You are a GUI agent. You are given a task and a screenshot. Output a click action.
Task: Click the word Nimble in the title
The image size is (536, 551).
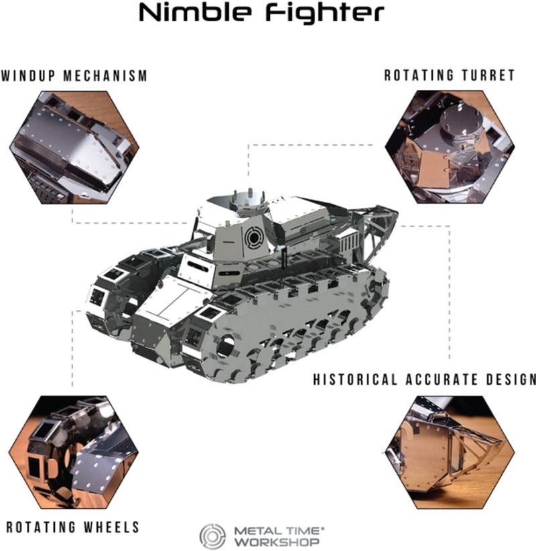coord(196,13)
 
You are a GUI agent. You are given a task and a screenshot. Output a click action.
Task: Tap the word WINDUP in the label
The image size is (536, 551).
coord(28,76)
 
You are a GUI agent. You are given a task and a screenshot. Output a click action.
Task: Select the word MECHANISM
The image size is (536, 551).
coord(105,76)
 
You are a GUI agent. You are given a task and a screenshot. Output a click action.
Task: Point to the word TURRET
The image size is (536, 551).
coord(488,75)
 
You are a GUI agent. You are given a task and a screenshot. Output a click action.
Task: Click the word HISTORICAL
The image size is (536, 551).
coord(355,379)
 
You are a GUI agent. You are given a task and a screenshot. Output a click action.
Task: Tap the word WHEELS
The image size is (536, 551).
coord(112,527)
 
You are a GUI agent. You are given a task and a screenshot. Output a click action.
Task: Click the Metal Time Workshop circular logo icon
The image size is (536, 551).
coord(212,537)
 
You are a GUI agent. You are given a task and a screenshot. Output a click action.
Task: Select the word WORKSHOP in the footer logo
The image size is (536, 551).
coord(277,542)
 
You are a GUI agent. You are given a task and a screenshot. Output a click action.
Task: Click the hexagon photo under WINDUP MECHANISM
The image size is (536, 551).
coord(74,147)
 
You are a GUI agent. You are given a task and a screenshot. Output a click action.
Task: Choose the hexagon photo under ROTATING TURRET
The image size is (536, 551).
coord(450,147)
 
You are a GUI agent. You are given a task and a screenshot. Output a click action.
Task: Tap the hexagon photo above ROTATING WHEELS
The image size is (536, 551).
coord(74,452)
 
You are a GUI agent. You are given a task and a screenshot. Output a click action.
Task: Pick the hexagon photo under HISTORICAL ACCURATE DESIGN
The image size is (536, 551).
coord(450,452)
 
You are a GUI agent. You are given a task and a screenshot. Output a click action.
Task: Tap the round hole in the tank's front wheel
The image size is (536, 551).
coord(226,346)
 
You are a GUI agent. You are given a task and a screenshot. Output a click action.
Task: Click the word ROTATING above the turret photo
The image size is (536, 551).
coord(419,75)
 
